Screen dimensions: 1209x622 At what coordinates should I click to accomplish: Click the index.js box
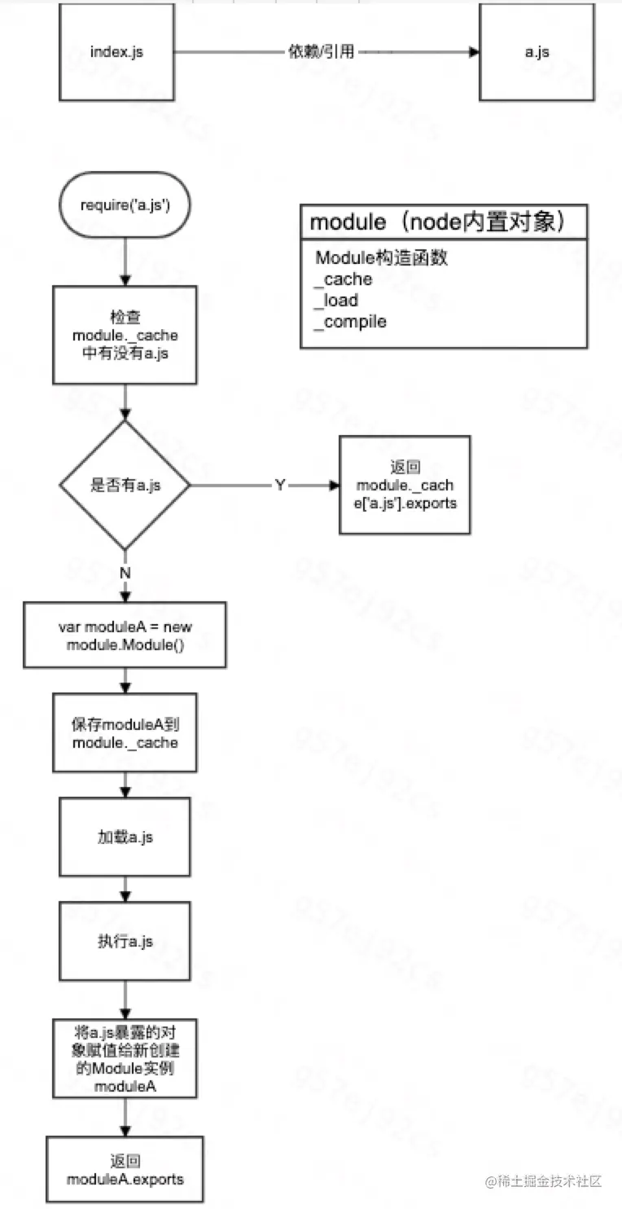pyautogui.click(x=118, y=52)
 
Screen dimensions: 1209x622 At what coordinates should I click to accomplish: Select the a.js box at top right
pyautogui.click(x=537, y=52)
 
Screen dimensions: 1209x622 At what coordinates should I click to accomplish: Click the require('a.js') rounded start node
pyautogui.click(x=124, y=204)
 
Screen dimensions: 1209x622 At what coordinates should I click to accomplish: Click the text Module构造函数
pyautogui.click(x=382, y=259)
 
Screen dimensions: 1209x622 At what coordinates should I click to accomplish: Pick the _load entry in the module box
pyautogui.click(x=337, y=300)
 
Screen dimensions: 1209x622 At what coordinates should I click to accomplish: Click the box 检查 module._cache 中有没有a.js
pyautogui.click(x=125, y=335)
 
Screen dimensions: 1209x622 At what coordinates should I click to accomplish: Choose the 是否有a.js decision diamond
pyautogui.click(x=125, y=486)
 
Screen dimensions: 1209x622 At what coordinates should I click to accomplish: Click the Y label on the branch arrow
pyautogui.click(x=280, y=486)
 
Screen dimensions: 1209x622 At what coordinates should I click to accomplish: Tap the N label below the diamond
pyautogui.click(x=125, y=573)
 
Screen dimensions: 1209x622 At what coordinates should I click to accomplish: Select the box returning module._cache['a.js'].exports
pyautogui.click(x=405, y=486)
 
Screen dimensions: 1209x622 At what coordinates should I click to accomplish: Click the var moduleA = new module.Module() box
pyautogui.click(x=125, y=635)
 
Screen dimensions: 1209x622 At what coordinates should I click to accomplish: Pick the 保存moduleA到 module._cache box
pyautogui.click(x=125, y=733)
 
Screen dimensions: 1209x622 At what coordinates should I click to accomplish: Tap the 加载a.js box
pyautogui.click(x=125, y=837)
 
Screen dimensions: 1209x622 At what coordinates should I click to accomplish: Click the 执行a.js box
pyautogui.click(x=125, y=941)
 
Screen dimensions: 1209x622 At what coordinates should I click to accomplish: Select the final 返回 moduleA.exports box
pyautogui.click(x=125, y=1170)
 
